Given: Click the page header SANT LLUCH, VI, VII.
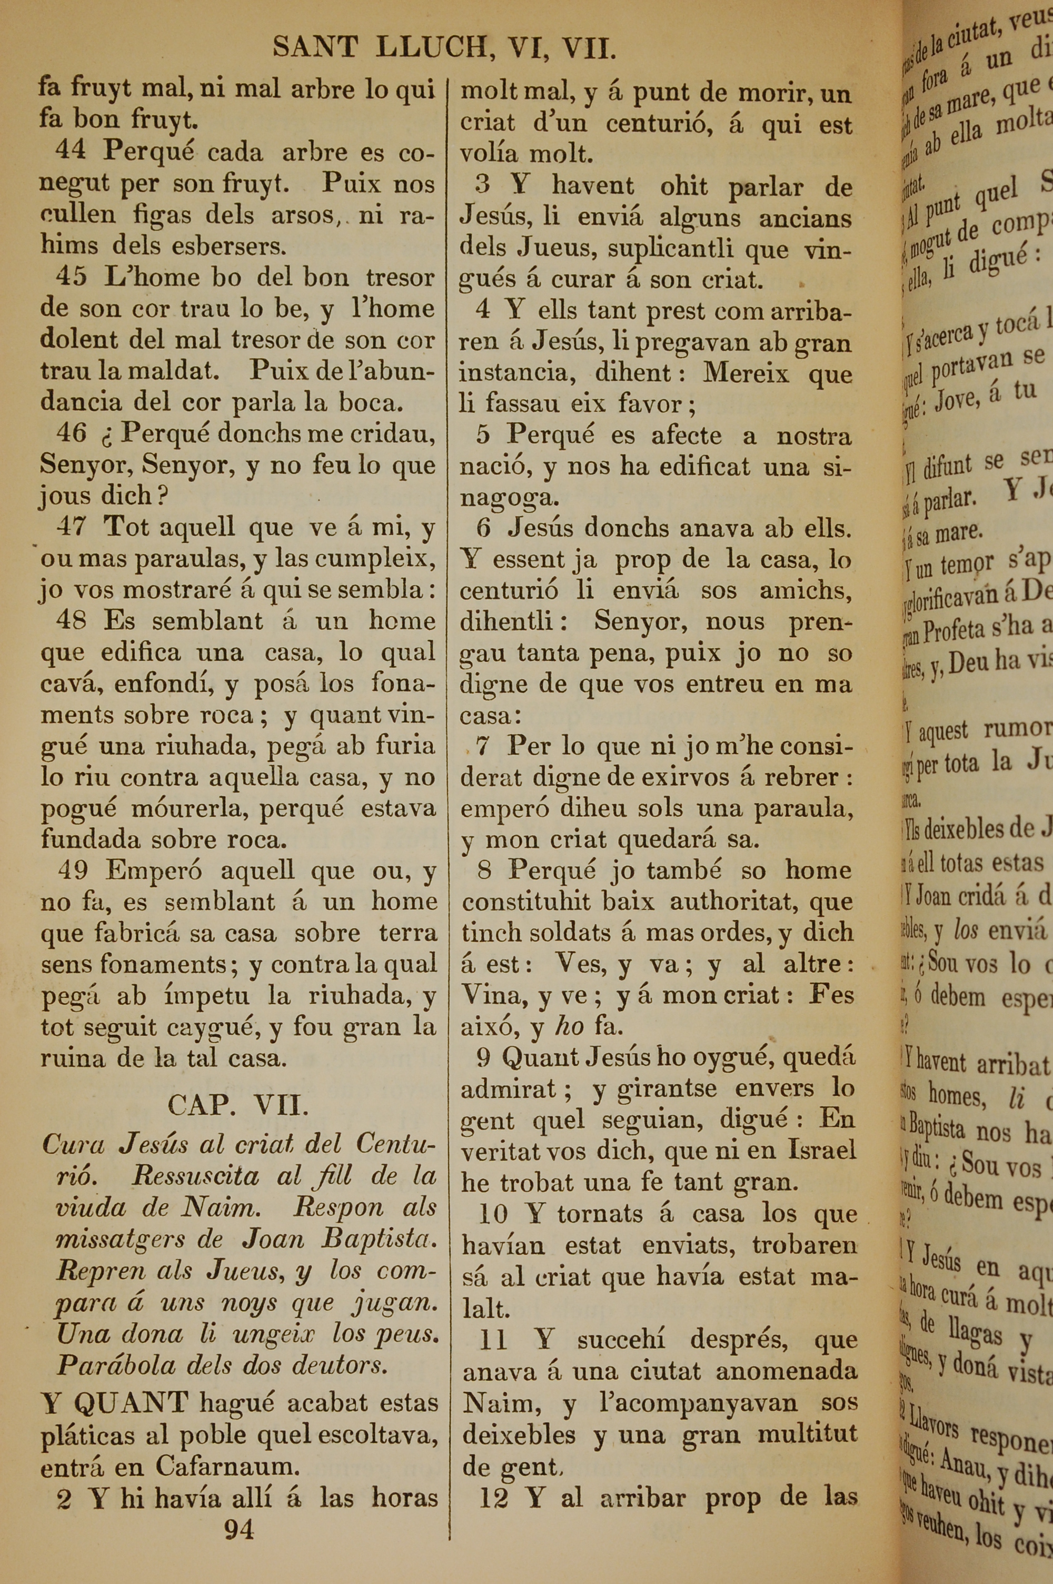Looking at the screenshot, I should point(444,48).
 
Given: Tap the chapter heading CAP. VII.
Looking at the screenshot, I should point(238,1104).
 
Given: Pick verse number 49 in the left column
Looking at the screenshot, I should point(73,870).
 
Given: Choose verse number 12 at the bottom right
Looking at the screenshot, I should point(494,1498).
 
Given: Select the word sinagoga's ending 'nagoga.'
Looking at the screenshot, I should point(509,498).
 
